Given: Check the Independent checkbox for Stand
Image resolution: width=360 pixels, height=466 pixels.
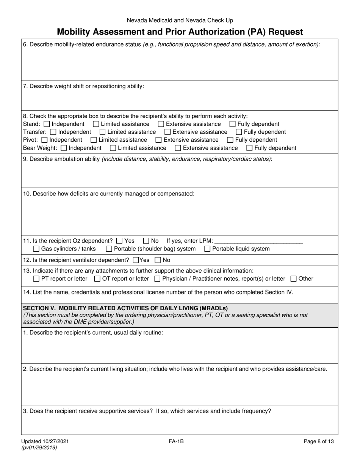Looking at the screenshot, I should tap(47, 124).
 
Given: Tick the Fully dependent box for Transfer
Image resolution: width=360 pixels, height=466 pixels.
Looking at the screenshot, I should tap(239, 132).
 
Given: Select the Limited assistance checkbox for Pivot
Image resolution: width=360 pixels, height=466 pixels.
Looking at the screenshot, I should tap(94, 140).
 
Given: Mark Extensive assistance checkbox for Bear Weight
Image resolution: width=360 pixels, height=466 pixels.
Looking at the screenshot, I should tap(178, 148).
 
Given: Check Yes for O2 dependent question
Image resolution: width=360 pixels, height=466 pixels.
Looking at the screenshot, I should tap(119, 241).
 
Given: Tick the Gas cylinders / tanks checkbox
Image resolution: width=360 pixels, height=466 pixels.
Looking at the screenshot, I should tap(36, 249).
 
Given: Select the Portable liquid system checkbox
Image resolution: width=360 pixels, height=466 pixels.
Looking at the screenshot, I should tap(207, 249).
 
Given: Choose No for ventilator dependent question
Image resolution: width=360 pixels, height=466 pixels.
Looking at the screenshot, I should tap(158, 260).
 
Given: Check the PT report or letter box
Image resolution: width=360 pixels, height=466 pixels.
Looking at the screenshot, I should tap(36, 279).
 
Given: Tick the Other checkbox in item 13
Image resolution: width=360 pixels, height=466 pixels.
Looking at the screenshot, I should tap(293, 279).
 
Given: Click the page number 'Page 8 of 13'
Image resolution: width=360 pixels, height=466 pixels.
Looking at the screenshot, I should tap(319, 441).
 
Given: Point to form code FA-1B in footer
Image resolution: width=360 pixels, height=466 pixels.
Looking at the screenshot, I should tap(177, 441).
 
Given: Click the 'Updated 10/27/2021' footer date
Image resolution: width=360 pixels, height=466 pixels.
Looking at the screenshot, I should tap(46, 441).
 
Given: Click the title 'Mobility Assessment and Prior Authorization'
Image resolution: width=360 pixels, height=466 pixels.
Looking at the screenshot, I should tap(180, 32).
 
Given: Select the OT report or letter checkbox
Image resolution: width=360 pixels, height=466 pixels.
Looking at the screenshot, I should tap(97, 279).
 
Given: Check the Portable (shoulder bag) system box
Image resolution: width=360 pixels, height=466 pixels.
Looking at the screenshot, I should tap(109, 249).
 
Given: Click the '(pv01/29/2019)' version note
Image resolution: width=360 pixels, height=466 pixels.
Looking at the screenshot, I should tap(40, 447).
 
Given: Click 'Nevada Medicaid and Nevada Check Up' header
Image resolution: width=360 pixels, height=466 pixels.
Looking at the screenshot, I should tap(180, 20).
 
